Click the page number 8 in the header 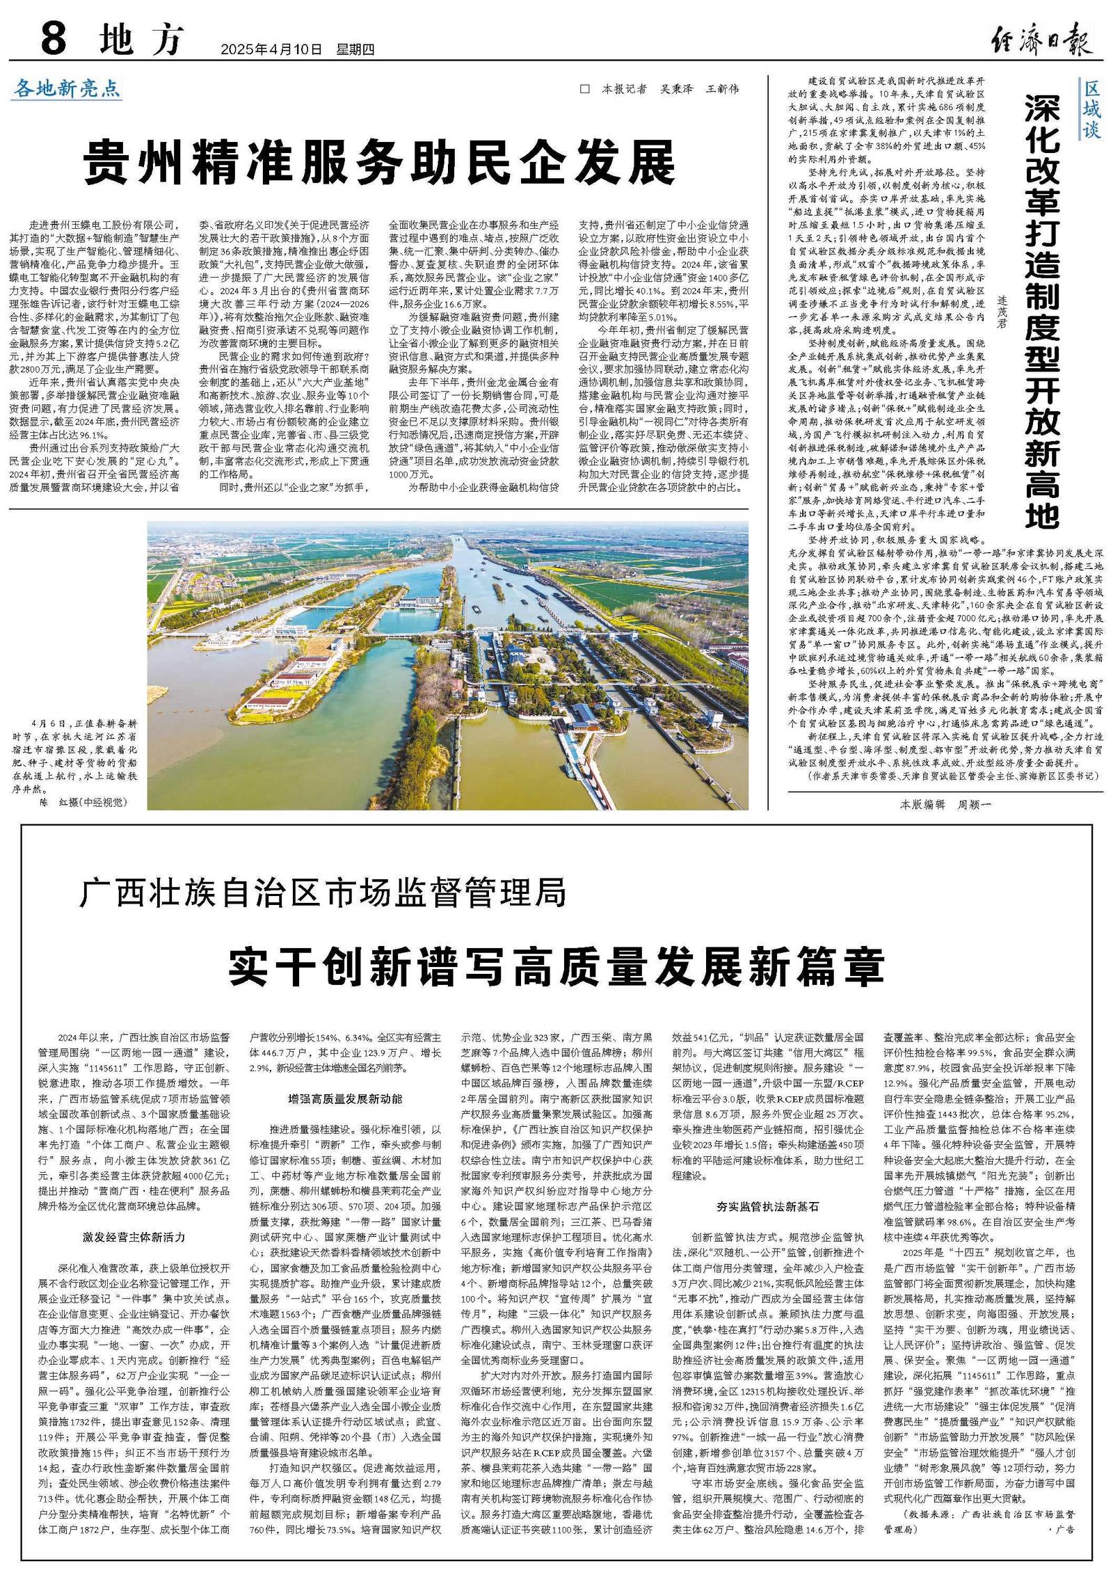[54, 40]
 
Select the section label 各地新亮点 [67, 88]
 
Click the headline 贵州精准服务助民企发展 [379, 162]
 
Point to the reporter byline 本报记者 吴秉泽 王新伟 [660, 89]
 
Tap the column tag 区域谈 [1091, 111]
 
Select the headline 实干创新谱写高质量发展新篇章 [556, 966]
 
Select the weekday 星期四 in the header [356, 49]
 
